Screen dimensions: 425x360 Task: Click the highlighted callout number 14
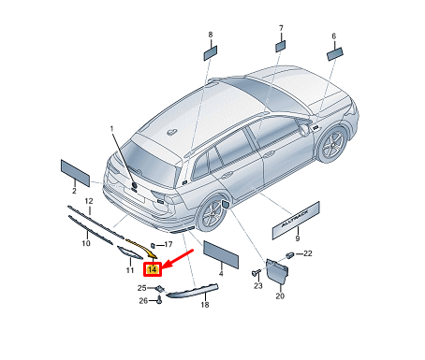pyautogui.click(x=153, y=269)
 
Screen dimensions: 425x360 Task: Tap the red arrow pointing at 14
pyautogui.click(x=179, y=258)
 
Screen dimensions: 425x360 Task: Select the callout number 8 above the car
pyautogui.click(x=211, y=35)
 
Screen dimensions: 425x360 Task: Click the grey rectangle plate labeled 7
pyautogui.click(x=280, y=47)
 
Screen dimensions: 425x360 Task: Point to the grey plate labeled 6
pyautogui.click(x=335, y=53)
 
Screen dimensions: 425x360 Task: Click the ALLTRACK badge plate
pyautogui.click(x=296, y=220)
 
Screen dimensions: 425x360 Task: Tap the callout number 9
pyautogui.click(x=298, y=238)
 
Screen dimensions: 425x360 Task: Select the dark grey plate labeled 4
pyautogui.click(x=221, y=254)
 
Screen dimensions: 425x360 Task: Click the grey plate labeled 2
pyautogui.click(x=75, y=173)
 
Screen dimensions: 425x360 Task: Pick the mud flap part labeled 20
pyautogui.click(x=277, y=271)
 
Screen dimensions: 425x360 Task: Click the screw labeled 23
pyautogui.click(x=256, y=273)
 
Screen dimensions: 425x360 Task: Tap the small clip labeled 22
pyautogui.click(x=290, y=254)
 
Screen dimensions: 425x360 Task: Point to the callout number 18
pyautogui.click(x=205, y=305)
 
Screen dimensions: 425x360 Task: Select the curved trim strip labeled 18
pyautogui.click(x=192, y=291)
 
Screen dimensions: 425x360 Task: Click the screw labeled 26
pyautogui.click(x=159, y=301)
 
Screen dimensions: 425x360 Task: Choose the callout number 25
pyautogui.click(x=142, y=288)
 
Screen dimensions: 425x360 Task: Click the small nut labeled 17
pyautogui.click(x=154, y=246)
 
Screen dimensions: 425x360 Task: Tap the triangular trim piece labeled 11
pyautogui.click(x=130, y=252)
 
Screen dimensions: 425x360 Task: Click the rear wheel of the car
pyautogui.click(x=212, y=213)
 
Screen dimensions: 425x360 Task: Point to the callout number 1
pyautogui.click(x=112, y=128)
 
